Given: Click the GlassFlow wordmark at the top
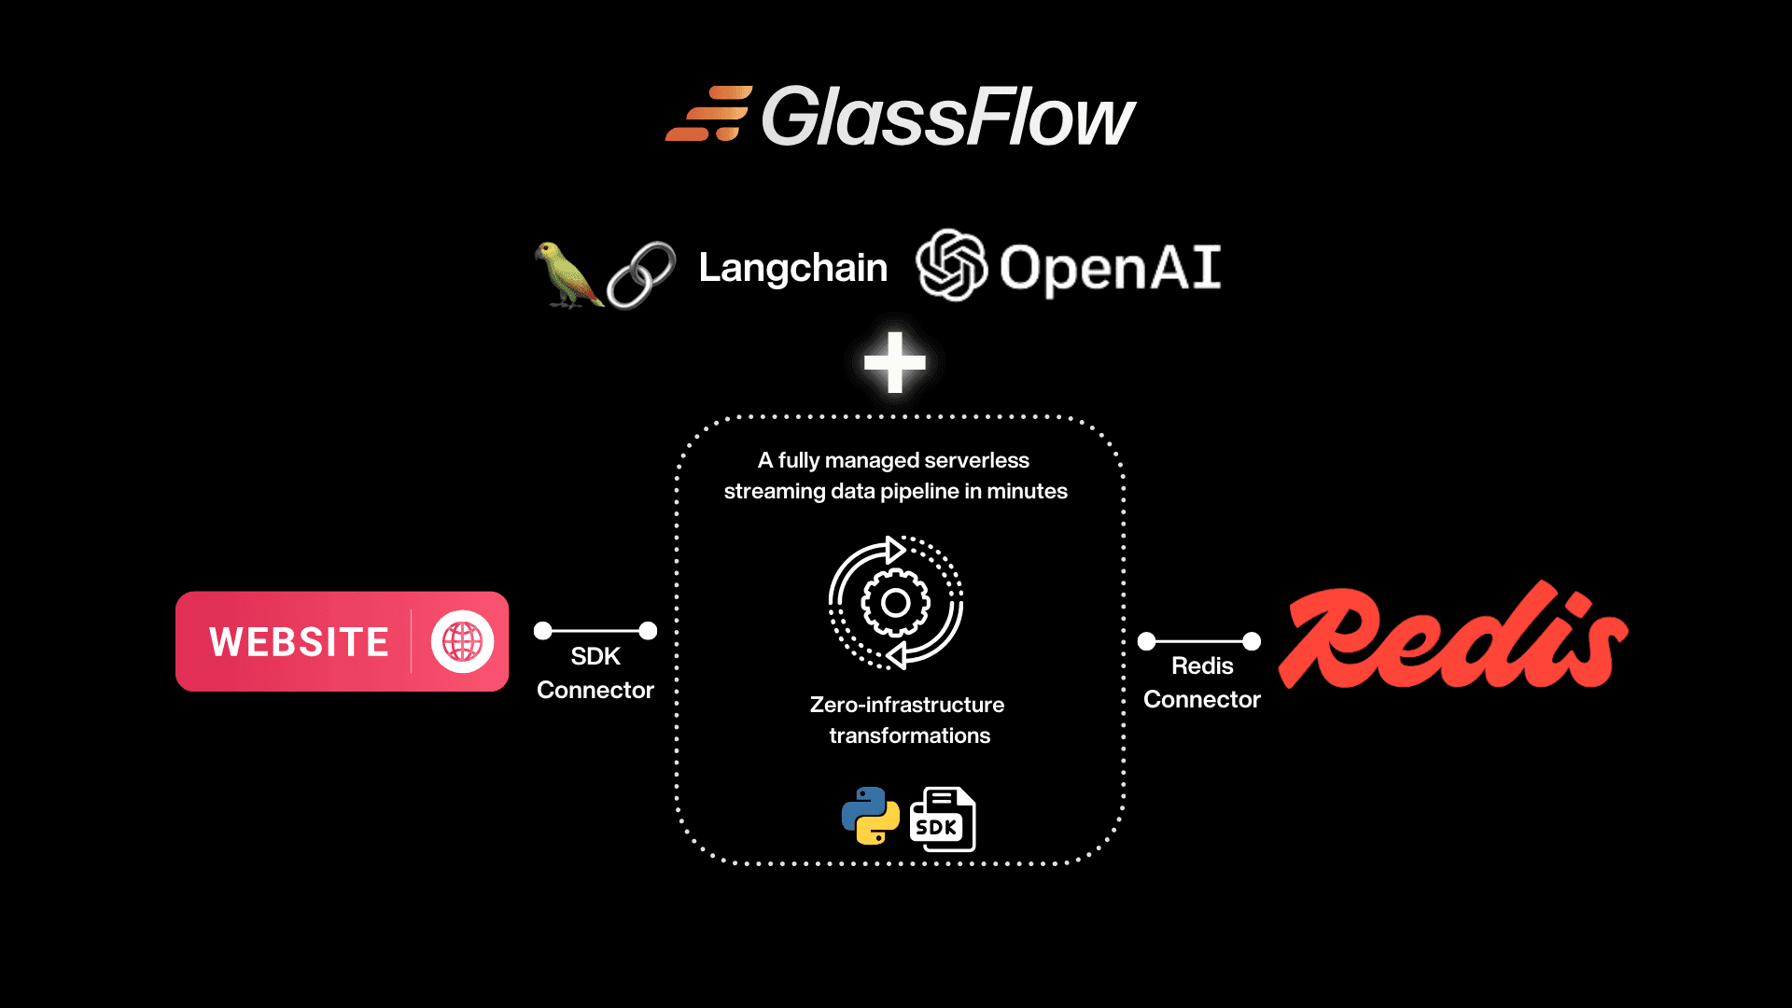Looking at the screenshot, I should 948,118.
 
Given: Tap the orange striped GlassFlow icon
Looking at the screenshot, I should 708,114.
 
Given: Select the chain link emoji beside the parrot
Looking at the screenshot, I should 641,274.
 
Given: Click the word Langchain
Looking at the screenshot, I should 792,269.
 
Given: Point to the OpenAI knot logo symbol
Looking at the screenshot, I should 950,265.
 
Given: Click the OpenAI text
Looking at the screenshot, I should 1110,268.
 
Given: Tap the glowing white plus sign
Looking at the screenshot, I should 894,362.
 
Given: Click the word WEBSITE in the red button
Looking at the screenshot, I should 299,642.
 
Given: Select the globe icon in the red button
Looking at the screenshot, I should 462,641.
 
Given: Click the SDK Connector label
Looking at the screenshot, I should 595,673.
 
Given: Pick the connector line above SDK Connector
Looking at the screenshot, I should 595,631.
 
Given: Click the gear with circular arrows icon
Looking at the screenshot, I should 895,603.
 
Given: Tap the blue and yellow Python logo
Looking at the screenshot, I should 870,816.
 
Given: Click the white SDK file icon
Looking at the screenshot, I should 943,819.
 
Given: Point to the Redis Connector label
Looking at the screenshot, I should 1202,682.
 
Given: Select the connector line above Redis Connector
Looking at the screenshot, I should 1199,641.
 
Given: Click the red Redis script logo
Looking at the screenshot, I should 1452,637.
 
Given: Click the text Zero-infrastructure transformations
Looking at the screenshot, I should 907,720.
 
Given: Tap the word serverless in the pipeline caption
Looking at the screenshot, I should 976,460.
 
